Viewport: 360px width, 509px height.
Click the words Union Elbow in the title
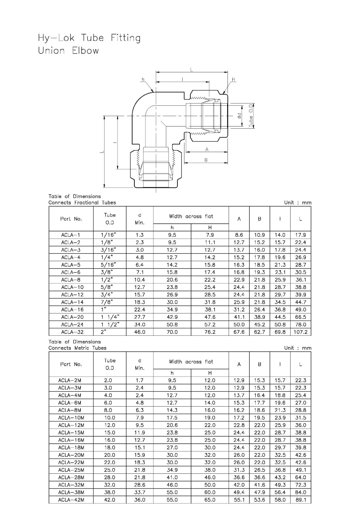68,51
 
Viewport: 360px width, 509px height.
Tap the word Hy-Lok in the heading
56,38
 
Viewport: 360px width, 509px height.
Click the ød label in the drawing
240,116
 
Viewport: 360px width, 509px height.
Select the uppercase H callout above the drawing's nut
233,79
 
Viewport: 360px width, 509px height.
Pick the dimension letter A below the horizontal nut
207,149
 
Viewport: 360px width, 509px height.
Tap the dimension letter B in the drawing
206,160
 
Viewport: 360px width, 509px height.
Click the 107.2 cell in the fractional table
300,332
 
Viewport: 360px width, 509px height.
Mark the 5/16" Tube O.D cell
108,265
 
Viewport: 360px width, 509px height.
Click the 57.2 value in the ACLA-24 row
210,325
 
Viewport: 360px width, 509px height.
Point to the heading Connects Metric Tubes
77,348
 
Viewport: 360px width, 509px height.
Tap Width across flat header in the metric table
191,362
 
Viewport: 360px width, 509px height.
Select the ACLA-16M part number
71,440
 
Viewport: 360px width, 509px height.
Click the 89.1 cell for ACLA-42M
300,500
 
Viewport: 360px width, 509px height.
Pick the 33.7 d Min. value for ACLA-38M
140,492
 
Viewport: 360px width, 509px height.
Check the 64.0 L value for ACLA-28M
300,477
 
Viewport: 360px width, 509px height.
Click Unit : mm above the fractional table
298,203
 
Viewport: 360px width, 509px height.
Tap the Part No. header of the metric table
71,364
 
